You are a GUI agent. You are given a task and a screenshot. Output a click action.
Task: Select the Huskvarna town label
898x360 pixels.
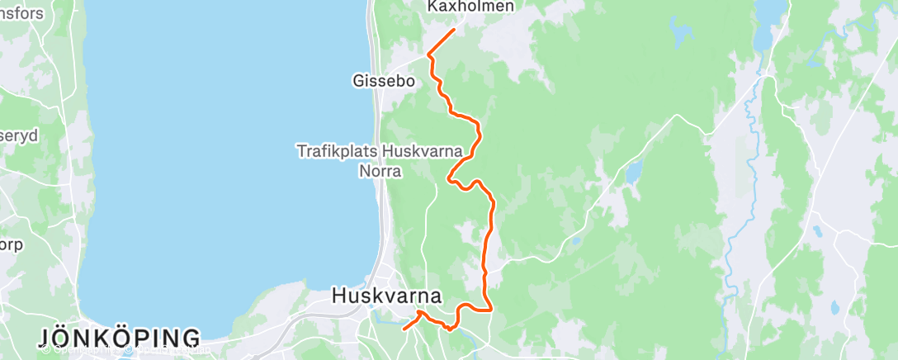coord(386,296)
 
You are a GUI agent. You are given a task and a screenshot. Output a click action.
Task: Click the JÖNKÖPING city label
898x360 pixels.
coord(119,338)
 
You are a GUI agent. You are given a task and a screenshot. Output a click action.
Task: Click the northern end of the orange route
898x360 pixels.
coord(454,31)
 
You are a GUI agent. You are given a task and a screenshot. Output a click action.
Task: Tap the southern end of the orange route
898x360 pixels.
coord(404,329)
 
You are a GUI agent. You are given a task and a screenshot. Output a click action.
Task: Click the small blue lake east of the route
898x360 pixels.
coord(633,172)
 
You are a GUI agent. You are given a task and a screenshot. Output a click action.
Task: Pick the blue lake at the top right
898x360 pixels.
coord(769,12)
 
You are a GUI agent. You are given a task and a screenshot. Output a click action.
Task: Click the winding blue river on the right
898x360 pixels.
coord(735,223)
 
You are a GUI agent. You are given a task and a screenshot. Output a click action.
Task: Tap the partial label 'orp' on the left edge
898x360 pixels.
coord(12,244)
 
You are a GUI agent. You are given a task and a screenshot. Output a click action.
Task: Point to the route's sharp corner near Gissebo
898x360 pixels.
coord(428,55)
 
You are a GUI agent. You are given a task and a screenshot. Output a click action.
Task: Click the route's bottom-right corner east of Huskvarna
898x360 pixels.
coord(492,310)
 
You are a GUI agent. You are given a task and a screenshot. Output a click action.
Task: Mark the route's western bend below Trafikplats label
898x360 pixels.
coord(449,177)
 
